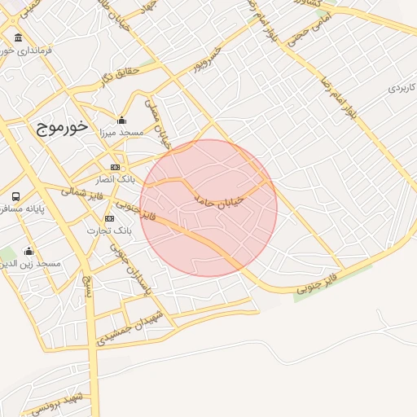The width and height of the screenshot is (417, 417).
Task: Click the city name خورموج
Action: click(62, 128)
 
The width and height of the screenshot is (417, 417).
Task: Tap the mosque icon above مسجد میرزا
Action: click(122, 121)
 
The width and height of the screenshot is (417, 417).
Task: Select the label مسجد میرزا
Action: click(121, 132)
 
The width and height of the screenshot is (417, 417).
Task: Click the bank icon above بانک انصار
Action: click(115, 167)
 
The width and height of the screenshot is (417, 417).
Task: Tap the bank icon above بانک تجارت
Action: click(109, 219)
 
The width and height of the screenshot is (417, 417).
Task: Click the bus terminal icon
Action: click(16, 197)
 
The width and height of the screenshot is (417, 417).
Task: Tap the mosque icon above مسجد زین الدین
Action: click(29, 252)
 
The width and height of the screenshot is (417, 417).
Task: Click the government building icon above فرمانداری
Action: click(18, 38)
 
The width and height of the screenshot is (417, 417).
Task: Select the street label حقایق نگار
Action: click(121, 74)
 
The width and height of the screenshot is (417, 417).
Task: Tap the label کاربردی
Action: click(402, 87)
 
